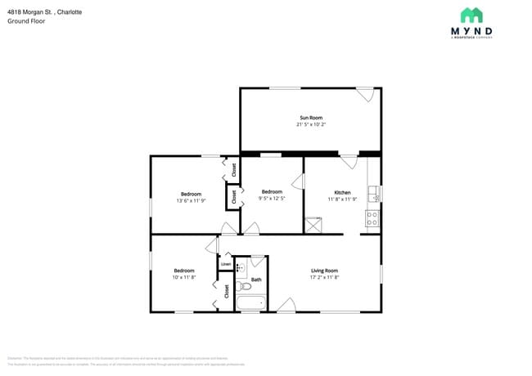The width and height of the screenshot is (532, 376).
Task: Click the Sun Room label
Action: pyautogui.click(x=310, y=118)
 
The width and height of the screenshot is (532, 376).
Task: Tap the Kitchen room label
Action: pyautogui.click(x=342, y=193)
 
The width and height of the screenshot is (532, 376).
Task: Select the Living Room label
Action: pyautogui.click(x=324, y=271)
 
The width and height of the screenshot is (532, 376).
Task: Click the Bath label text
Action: pyautogui.click(x=256, y=280)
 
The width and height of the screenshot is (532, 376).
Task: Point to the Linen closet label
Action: pyautogui.click(x=225, y=264)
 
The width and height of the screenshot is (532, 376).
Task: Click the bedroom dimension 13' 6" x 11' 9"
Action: pyautogui.click(x=190, y=200)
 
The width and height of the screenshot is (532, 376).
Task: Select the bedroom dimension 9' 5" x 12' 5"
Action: pyautogui.click(x=272, y=198)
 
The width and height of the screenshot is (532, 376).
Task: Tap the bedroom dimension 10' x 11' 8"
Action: pyautogui.click(x=183, y=277)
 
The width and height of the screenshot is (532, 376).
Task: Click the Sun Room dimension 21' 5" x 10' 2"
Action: pyautogui.click(x=310, y=125)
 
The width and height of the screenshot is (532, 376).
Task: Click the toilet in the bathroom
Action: pyautogui.click(x=242, y=285)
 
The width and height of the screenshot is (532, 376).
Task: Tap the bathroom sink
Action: pyautogui.click(x=241, y=267)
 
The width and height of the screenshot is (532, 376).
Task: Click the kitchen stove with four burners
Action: pyautogui.click(x=372, y=218)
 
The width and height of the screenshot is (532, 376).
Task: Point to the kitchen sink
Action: pyautogui.click(x=373, y=194)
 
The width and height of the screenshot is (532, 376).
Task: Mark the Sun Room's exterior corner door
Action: pyautogui.click(x=365, y=94)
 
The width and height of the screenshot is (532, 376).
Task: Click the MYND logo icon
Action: pyautogui.click(x=471, y=16)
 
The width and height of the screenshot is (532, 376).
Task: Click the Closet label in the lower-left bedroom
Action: pyautogui.click(x=227, y=291)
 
